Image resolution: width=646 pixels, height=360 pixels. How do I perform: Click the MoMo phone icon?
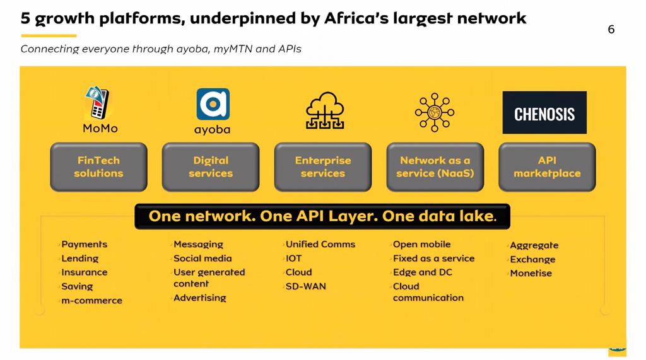(x=97, y=103)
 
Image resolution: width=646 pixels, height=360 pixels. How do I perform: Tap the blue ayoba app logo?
(x=213, y=104)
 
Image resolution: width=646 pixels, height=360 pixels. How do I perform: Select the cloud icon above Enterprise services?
(x=325, y=110)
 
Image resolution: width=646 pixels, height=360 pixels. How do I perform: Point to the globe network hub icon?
(x=435, y=112)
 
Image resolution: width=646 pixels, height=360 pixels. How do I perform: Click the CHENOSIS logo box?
(x=544, y=112)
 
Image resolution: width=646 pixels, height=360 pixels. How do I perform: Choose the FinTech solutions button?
(x=98, y=167)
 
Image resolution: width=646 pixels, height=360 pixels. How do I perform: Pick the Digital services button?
(x=211, y=167)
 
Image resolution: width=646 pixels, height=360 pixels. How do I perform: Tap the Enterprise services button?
(x=322, y=167)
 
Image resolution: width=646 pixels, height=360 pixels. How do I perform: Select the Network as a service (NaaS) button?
(x=435, y=167)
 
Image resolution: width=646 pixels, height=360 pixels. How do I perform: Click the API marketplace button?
(x=547, y=167)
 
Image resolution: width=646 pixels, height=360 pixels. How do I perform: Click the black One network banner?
(x=322, y=216)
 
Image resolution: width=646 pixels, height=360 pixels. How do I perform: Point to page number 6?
(x=611, y=29)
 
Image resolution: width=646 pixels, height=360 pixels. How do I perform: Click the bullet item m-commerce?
(x=91, y=300)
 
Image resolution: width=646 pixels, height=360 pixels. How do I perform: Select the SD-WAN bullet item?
(x=306, y=286)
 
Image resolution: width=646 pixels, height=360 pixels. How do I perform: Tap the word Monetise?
(x=531, y=273)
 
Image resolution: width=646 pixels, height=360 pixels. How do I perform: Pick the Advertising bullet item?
(x=200, y=298)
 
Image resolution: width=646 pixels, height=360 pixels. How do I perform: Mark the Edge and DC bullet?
(x=422, y=272)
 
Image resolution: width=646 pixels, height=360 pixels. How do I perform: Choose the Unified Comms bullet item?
(x=320, y=244)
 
